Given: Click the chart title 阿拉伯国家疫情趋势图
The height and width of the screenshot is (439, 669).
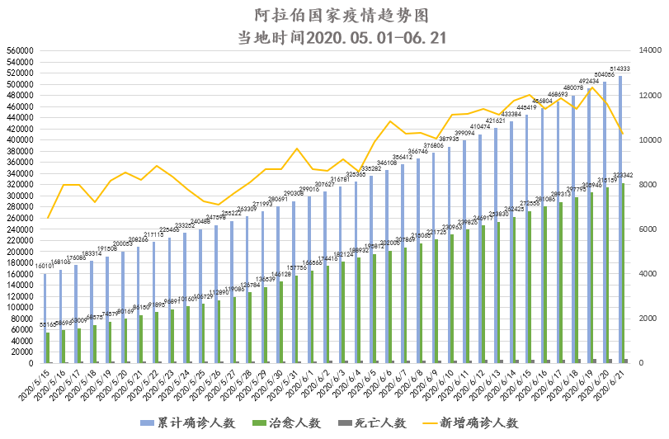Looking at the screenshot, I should click(334, 16).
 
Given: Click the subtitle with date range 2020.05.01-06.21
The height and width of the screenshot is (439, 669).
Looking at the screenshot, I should click(334, 37).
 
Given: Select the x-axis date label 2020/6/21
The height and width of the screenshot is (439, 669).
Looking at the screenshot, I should click(610, 383).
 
